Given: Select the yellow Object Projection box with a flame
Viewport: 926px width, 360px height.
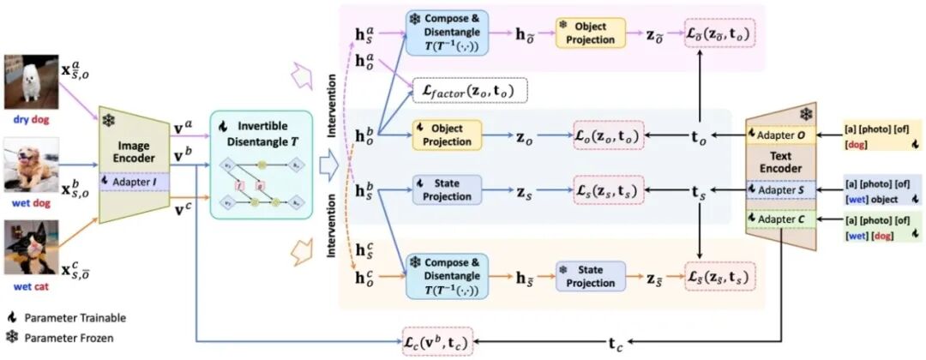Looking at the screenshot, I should (445, 134).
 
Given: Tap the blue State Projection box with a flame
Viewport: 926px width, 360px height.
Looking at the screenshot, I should (445, 189).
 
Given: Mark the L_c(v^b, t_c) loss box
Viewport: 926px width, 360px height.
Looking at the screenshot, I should (437, 342).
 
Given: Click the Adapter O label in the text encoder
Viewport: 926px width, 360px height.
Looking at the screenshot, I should (780, 134).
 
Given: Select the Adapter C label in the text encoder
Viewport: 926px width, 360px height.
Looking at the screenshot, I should (780, 220).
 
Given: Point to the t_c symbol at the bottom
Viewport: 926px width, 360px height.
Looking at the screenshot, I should (616, 343).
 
